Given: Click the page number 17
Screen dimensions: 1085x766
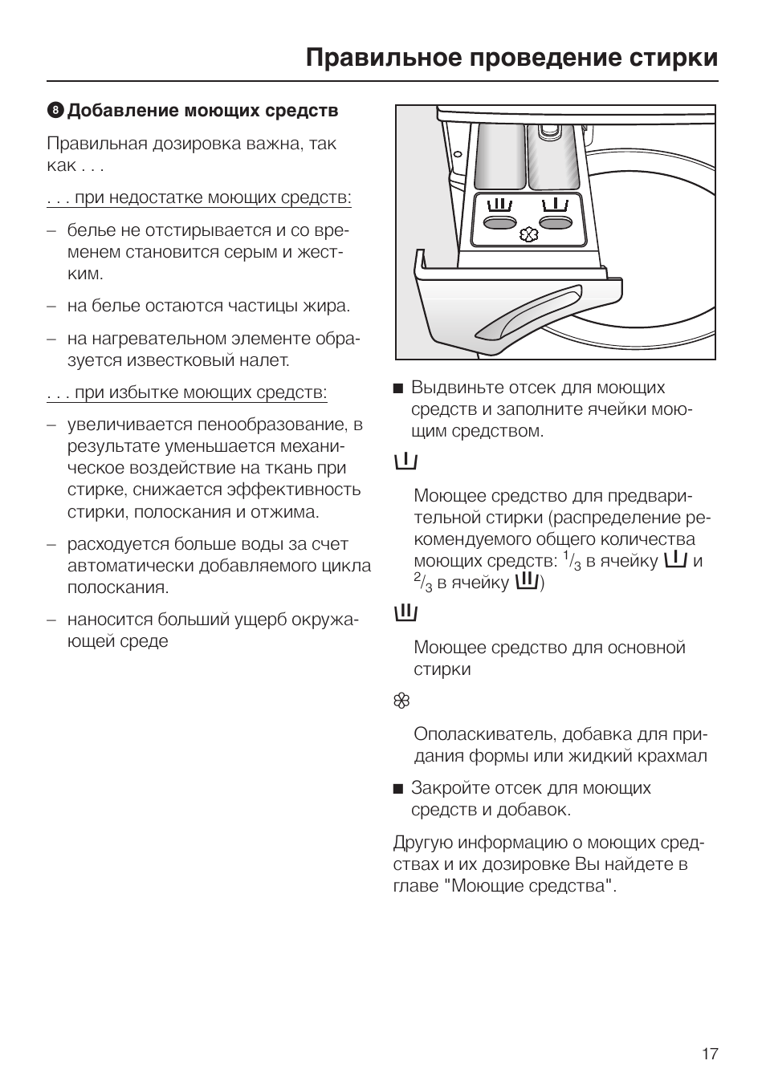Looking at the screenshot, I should [x=709, y=1054].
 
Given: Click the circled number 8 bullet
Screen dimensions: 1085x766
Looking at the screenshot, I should [x=55, y=111].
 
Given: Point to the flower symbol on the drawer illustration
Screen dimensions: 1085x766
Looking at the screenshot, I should [x=528, y=234].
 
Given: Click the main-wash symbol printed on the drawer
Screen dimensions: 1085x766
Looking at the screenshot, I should [x=499, y=205].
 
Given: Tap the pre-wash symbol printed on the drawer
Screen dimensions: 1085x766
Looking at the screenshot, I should [x=556, y=205].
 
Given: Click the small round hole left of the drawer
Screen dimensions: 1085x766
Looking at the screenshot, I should [x=457, y=155].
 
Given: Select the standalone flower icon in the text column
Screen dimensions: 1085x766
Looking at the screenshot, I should [x=402, y=701].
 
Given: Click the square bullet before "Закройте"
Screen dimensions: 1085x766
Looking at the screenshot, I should [x=397, y=789].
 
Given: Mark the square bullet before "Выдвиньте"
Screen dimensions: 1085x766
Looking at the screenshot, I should [x=397, y=388].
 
